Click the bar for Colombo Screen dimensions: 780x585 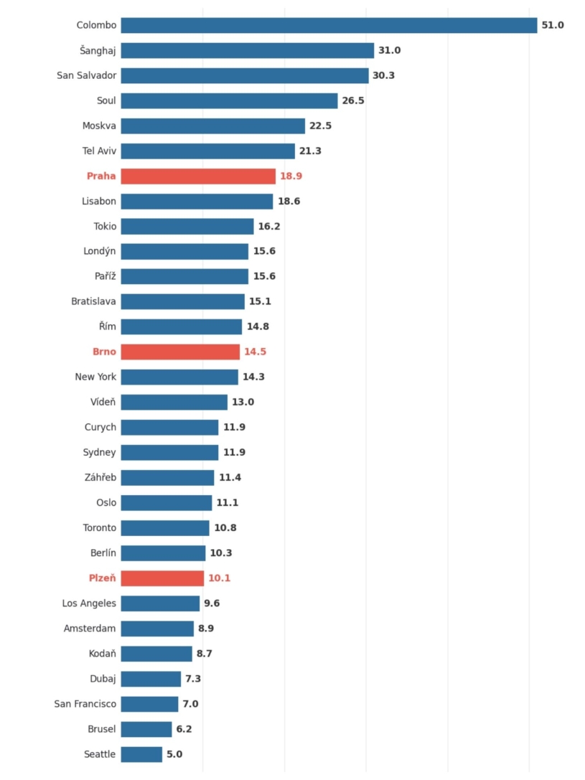pos(329,25)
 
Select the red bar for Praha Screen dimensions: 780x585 pos(198,177)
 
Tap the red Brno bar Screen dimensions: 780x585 pos(180,352)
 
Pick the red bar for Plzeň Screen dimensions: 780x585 pos(162,578)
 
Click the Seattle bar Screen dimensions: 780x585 pos(141,754)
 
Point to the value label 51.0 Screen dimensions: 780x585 pos(553,25)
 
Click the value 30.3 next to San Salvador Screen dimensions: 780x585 pos(384,75)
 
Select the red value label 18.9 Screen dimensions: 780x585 pos(291,177)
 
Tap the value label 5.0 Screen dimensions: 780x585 pos(174,754)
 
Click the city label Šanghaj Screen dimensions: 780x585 pos(98,50)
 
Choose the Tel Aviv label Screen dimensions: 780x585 pos(99,151)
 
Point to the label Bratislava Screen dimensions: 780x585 pos(93,302)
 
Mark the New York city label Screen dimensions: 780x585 pos(95,377)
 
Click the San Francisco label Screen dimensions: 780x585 pos(85,704)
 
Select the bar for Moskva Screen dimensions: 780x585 pos(212,126)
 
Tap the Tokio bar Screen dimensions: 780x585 pos(187,227)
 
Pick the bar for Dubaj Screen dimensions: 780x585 pos(151,679)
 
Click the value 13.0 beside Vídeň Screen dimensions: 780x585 pos(243,403)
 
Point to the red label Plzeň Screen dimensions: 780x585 pos(102,578)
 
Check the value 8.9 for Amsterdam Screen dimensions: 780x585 pos(205,629)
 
